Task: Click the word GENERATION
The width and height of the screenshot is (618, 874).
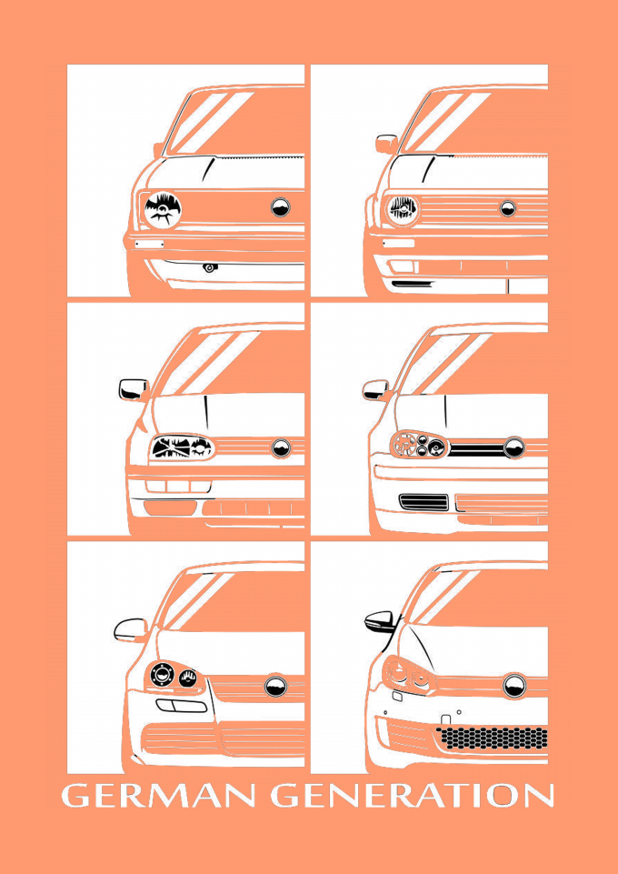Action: point(413,796)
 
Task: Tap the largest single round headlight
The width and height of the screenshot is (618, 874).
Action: point(163,209)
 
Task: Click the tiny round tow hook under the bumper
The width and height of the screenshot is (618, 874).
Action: point(209,267)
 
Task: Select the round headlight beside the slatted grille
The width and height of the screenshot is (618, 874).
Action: point(402,210)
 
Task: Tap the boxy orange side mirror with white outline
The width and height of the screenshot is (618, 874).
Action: point(386,144)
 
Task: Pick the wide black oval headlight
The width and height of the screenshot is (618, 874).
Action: point(182,447)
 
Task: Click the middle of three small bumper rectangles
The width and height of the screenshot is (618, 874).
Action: point(177,486)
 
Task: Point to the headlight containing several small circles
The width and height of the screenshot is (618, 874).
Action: point(419,444)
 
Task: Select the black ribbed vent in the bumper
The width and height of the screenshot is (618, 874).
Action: point(424,502)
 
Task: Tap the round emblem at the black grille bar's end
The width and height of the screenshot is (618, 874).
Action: point(513,447)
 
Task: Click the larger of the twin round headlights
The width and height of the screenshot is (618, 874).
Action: point(162,675)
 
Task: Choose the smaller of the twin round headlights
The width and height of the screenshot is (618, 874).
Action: point(187,678)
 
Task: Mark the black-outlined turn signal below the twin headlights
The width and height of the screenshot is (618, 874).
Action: point(181,705)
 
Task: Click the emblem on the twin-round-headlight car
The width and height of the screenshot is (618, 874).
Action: point(275,686)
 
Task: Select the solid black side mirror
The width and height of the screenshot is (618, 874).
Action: point(381,621)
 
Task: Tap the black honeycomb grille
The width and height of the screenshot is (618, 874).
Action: point(493,738)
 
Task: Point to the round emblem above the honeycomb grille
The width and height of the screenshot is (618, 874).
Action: point(514,685)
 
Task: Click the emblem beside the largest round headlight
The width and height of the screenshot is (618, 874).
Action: point(281,206)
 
